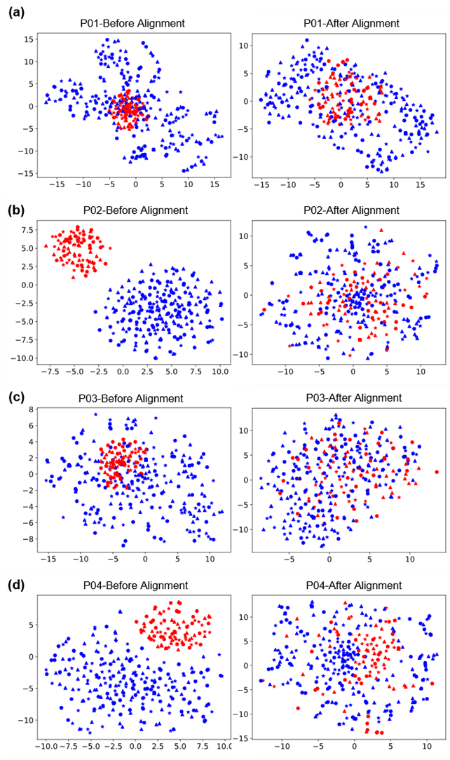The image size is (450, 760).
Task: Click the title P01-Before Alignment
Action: pyautogui.click(x=132, y=23)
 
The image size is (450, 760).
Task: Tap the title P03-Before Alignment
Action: pyautogui.click(x=132, y=398)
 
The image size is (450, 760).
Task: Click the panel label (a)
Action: pyautogui.click(x=16, y=11)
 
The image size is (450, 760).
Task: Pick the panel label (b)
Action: pyautogui.click(x=16, y=208)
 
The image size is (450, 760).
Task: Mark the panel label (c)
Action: pyautogui.click(x=16, y=396)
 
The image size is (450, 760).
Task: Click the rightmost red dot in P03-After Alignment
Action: pyautogui.click(x=436, y=473)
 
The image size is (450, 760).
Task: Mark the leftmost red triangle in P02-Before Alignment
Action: pyautogui.click(x=46, y=246)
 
